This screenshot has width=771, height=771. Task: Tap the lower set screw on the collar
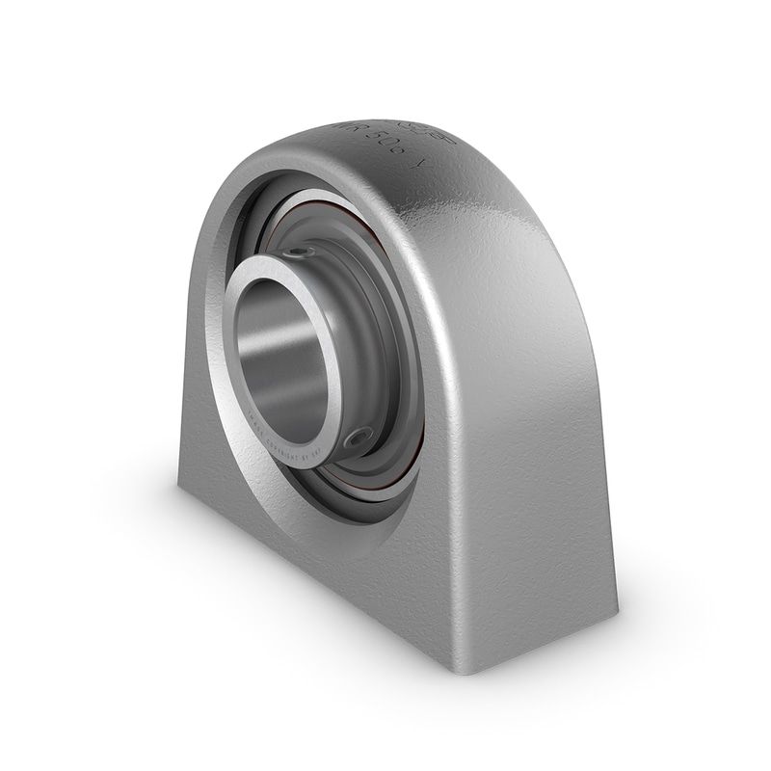[x=359, y=438]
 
